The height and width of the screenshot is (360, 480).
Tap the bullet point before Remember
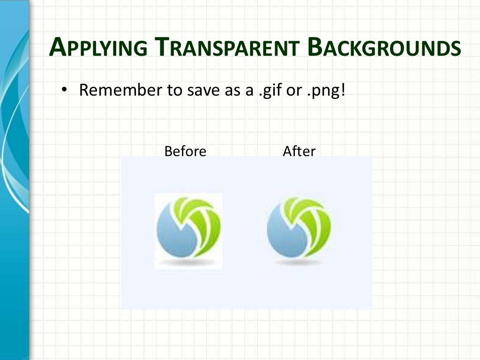coord(65,90)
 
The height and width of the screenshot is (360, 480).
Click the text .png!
coord(325,90)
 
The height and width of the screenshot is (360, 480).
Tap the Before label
coord(185,151)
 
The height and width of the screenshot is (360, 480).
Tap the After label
coord(299,151)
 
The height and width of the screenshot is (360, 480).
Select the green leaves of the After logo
coord(313,220)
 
